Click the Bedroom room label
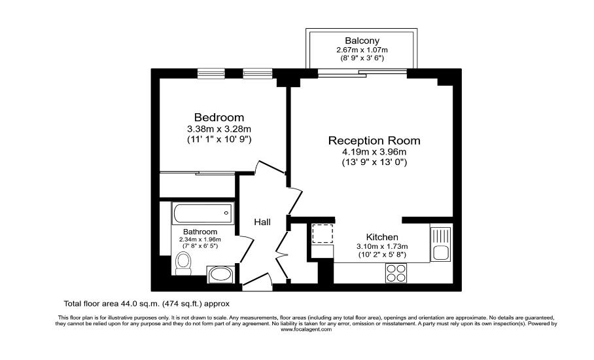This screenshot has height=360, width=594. coord(219,117)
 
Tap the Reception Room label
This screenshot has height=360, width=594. coord(374,141)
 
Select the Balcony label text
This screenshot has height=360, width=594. coord(362,41)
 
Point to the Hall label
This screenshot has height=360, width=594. coord(262,222)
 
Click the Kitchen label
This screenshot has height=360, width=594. coord(382,237)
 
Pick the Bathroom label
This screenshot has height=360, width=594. coord(200,232)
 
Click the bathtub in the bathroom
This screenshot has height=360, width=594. coord(203,213)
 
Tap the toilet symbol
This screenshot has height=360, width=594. coord(183,263)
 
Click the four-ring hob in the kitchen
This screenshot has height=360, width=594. coord(396,273)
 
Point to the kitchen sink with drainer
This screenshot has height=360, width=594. coord(440,244)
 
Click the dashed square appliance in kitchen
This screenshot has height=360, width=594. coord(323,234)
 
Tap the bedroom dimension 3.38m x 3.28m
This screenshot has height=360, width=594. coord(219,129)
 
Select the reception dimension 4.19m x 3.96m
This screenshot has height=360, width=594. coord(374,152)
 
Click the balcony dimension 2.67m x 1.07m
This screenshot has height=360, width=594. coord(362,50)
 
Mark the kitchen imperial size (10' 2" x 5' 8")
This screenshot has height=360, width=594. coord(382,255)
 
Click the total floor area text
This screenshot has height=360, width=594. coord(147,304)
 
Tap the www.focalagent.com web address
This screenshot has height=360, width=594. coord(306,330)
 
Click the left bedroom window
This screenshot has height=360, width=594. coord(211,73)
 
